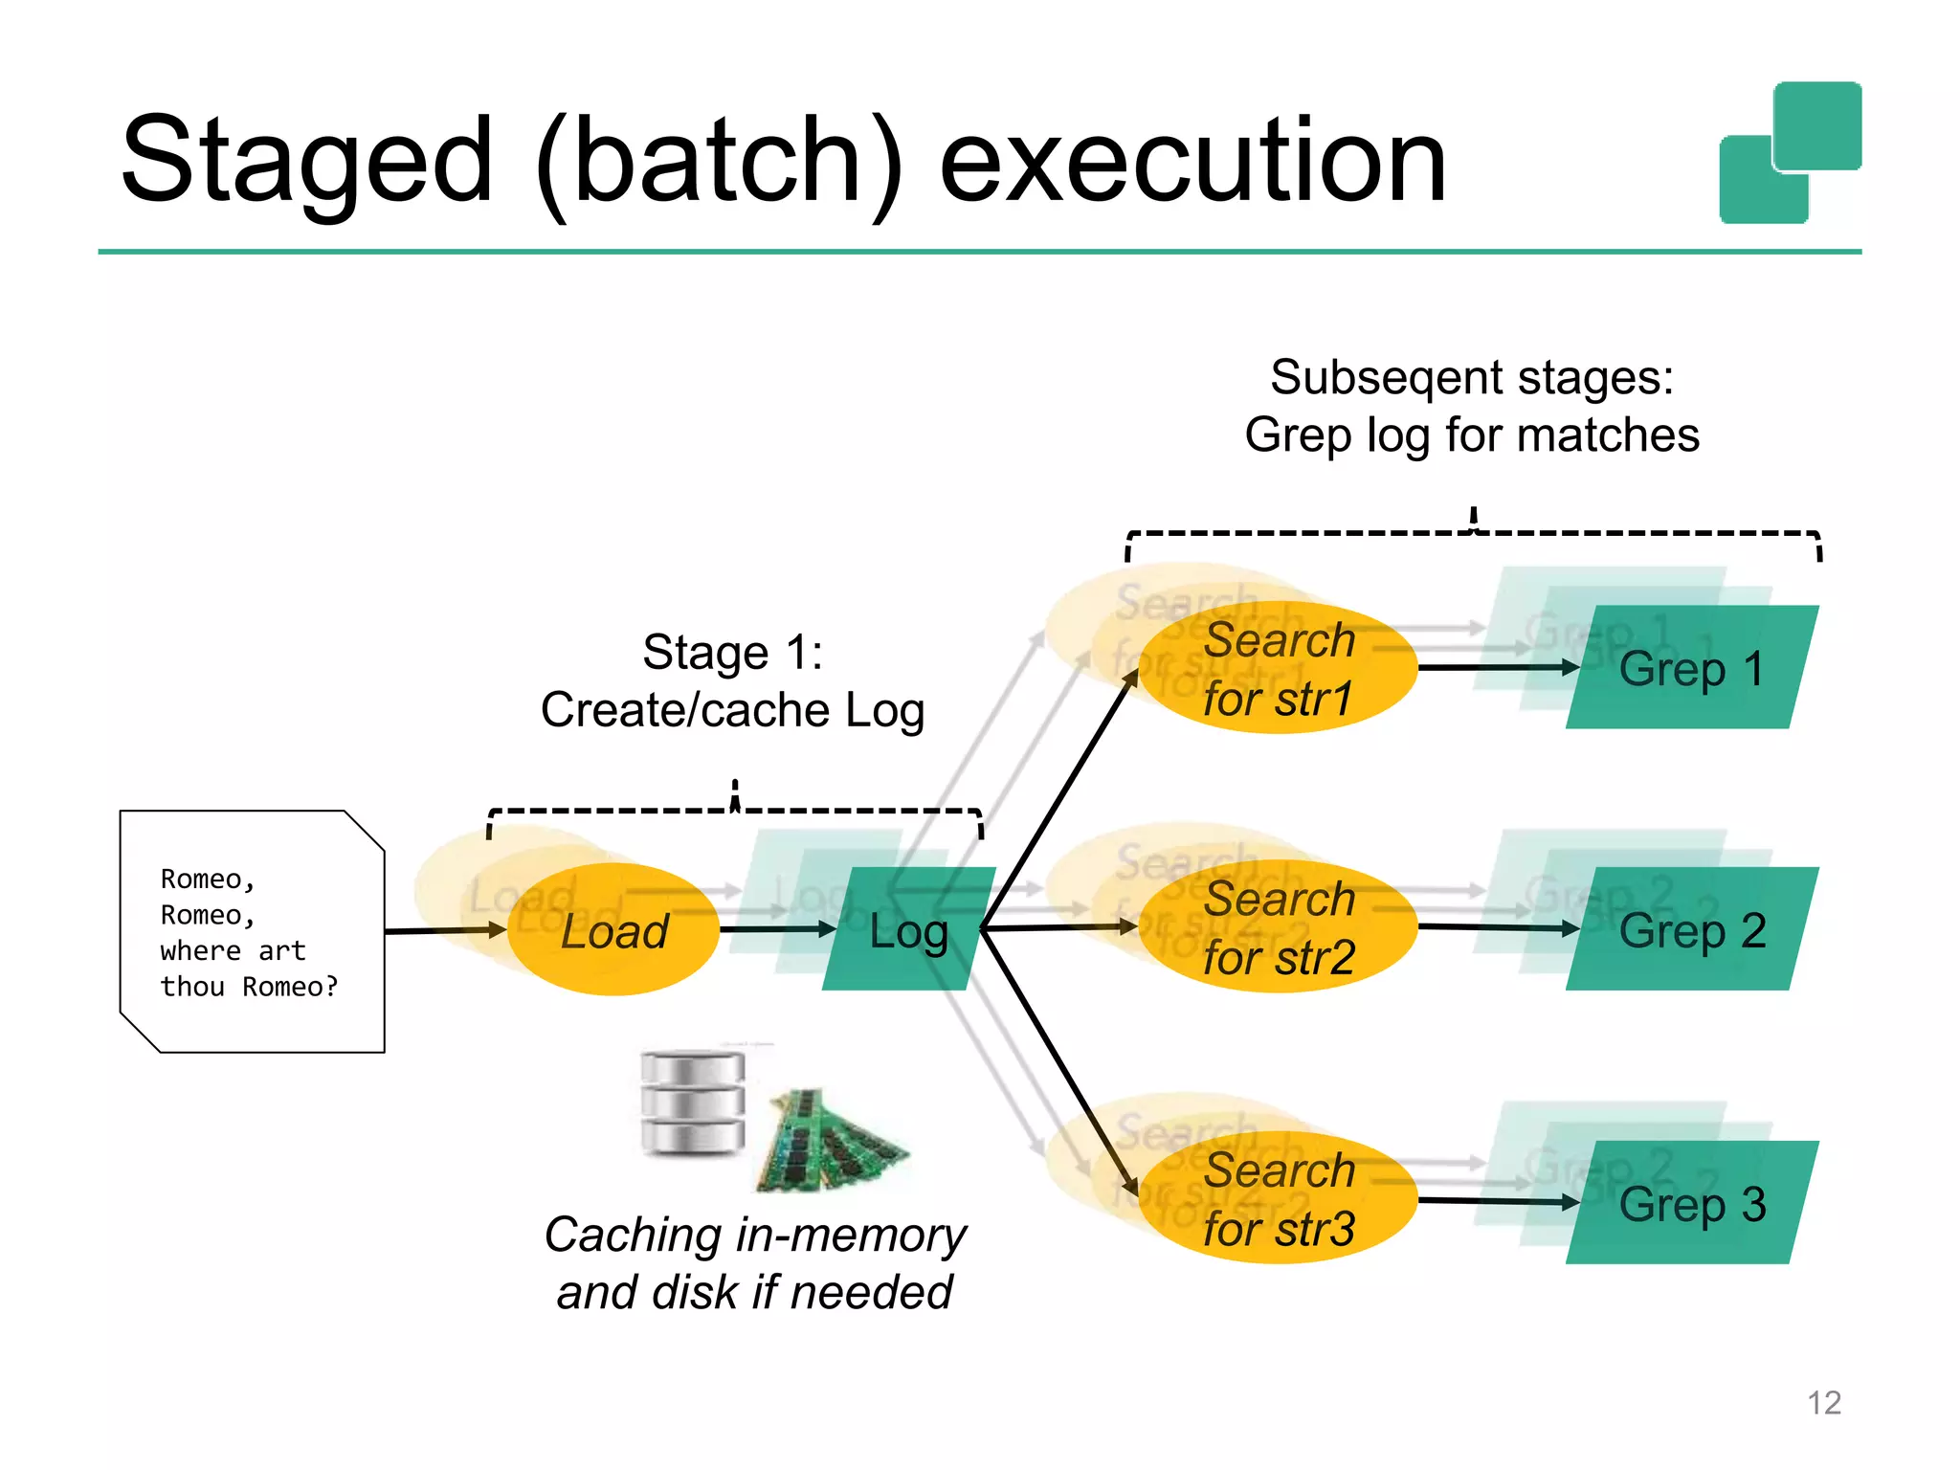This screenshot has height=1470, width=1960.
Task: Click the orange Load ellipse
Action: click(612, 929)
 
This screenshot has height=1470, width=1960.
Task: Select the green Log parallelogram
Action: click(909, 929)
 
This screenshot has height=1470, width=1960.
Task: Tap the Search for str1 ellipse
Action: click(1278, 668)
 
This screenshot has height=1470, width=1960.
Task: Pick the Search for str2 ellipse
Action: click(1278, 927)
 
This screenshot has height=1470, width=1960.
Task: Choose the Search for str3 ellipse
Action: click(1278, 1198)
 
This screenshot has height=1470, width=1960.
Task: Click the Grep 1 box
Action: click(1691, 668)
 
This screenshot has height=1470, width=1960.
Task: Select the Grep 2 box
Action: click(1691, 929)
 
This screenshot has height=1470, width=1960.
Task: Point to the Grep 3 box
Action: click(1691, 1203)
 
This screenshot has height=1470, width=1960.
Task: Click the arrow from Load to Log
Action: click(775, 928)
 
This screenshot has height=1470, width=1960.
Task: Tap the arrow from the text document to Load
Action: click(445, 929)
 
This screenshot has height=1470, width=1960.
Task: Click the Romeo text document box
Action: click(252, 931)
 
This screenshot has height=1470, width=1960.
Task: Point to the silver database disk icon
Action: click(692, 1102)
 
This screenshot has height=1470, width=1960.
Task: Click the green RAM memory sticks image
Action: click(830, 1142)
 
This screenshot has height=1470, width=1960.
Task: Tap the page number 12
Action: click(1823, 1402)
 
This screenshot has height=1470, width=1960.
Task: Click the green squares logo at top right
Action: click(1789, 153)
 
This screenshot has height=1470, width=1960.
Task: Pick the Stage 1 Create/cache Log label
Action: click(732, 681)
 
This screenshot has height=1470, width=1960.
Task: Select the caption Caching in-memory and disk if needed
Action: click(754, 1263)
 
